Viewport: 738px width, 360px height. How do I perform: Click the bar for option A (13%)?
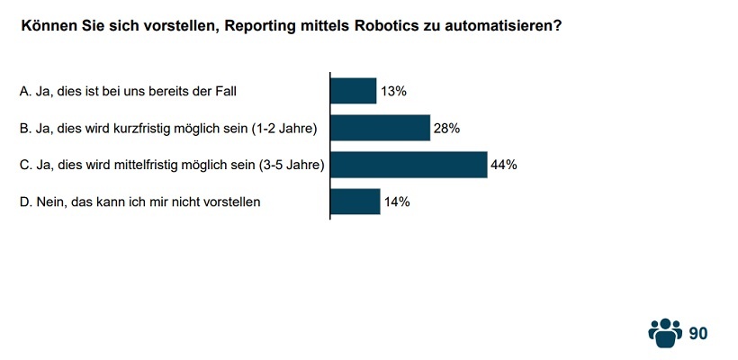[354, 91]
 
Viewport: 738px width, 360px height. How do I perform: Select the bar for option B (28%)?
[380, 128]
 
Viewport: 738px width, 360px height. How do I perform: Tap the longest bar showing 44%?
[409, 165]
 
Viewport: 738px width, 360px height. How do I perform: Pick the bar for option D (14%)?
[355, 202]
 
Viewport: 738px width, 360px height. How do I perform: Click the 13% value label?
[393, 91]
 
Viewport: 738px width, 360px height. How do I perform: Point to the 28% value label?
[446, 128]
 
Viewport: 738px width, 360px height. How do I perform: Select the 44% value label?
[503, 165]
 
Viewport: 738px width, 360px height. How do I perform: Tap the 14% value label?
[397, 202]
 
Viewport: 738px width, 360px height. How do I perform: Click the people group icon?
[665, 332]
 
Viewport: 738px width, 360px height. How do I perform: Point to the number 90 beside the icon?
[698, 333]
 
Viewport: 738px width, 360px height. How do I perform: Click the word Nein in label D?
[50, 202]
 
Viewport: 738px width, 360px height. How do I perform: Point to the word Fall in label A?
[226, 91]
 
